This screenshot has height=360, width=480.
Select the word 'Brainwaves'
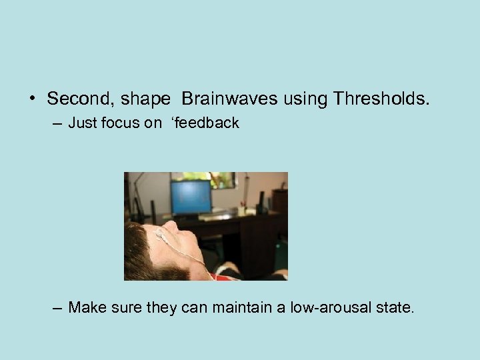click(x=230, y=100)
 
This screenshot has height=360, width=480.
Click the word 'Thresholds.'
click(x=382, y=100)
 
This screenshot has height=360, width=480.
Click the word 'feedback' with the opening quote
click(x=207, y=123)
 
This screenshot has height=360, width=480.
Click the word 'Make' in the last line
click(x=85, y=308)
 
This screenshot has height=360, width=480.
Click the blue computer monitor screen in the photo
click(x=191, y=197)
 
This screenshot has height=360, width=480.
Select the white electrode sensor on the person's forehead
click(x=161, y=233)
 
